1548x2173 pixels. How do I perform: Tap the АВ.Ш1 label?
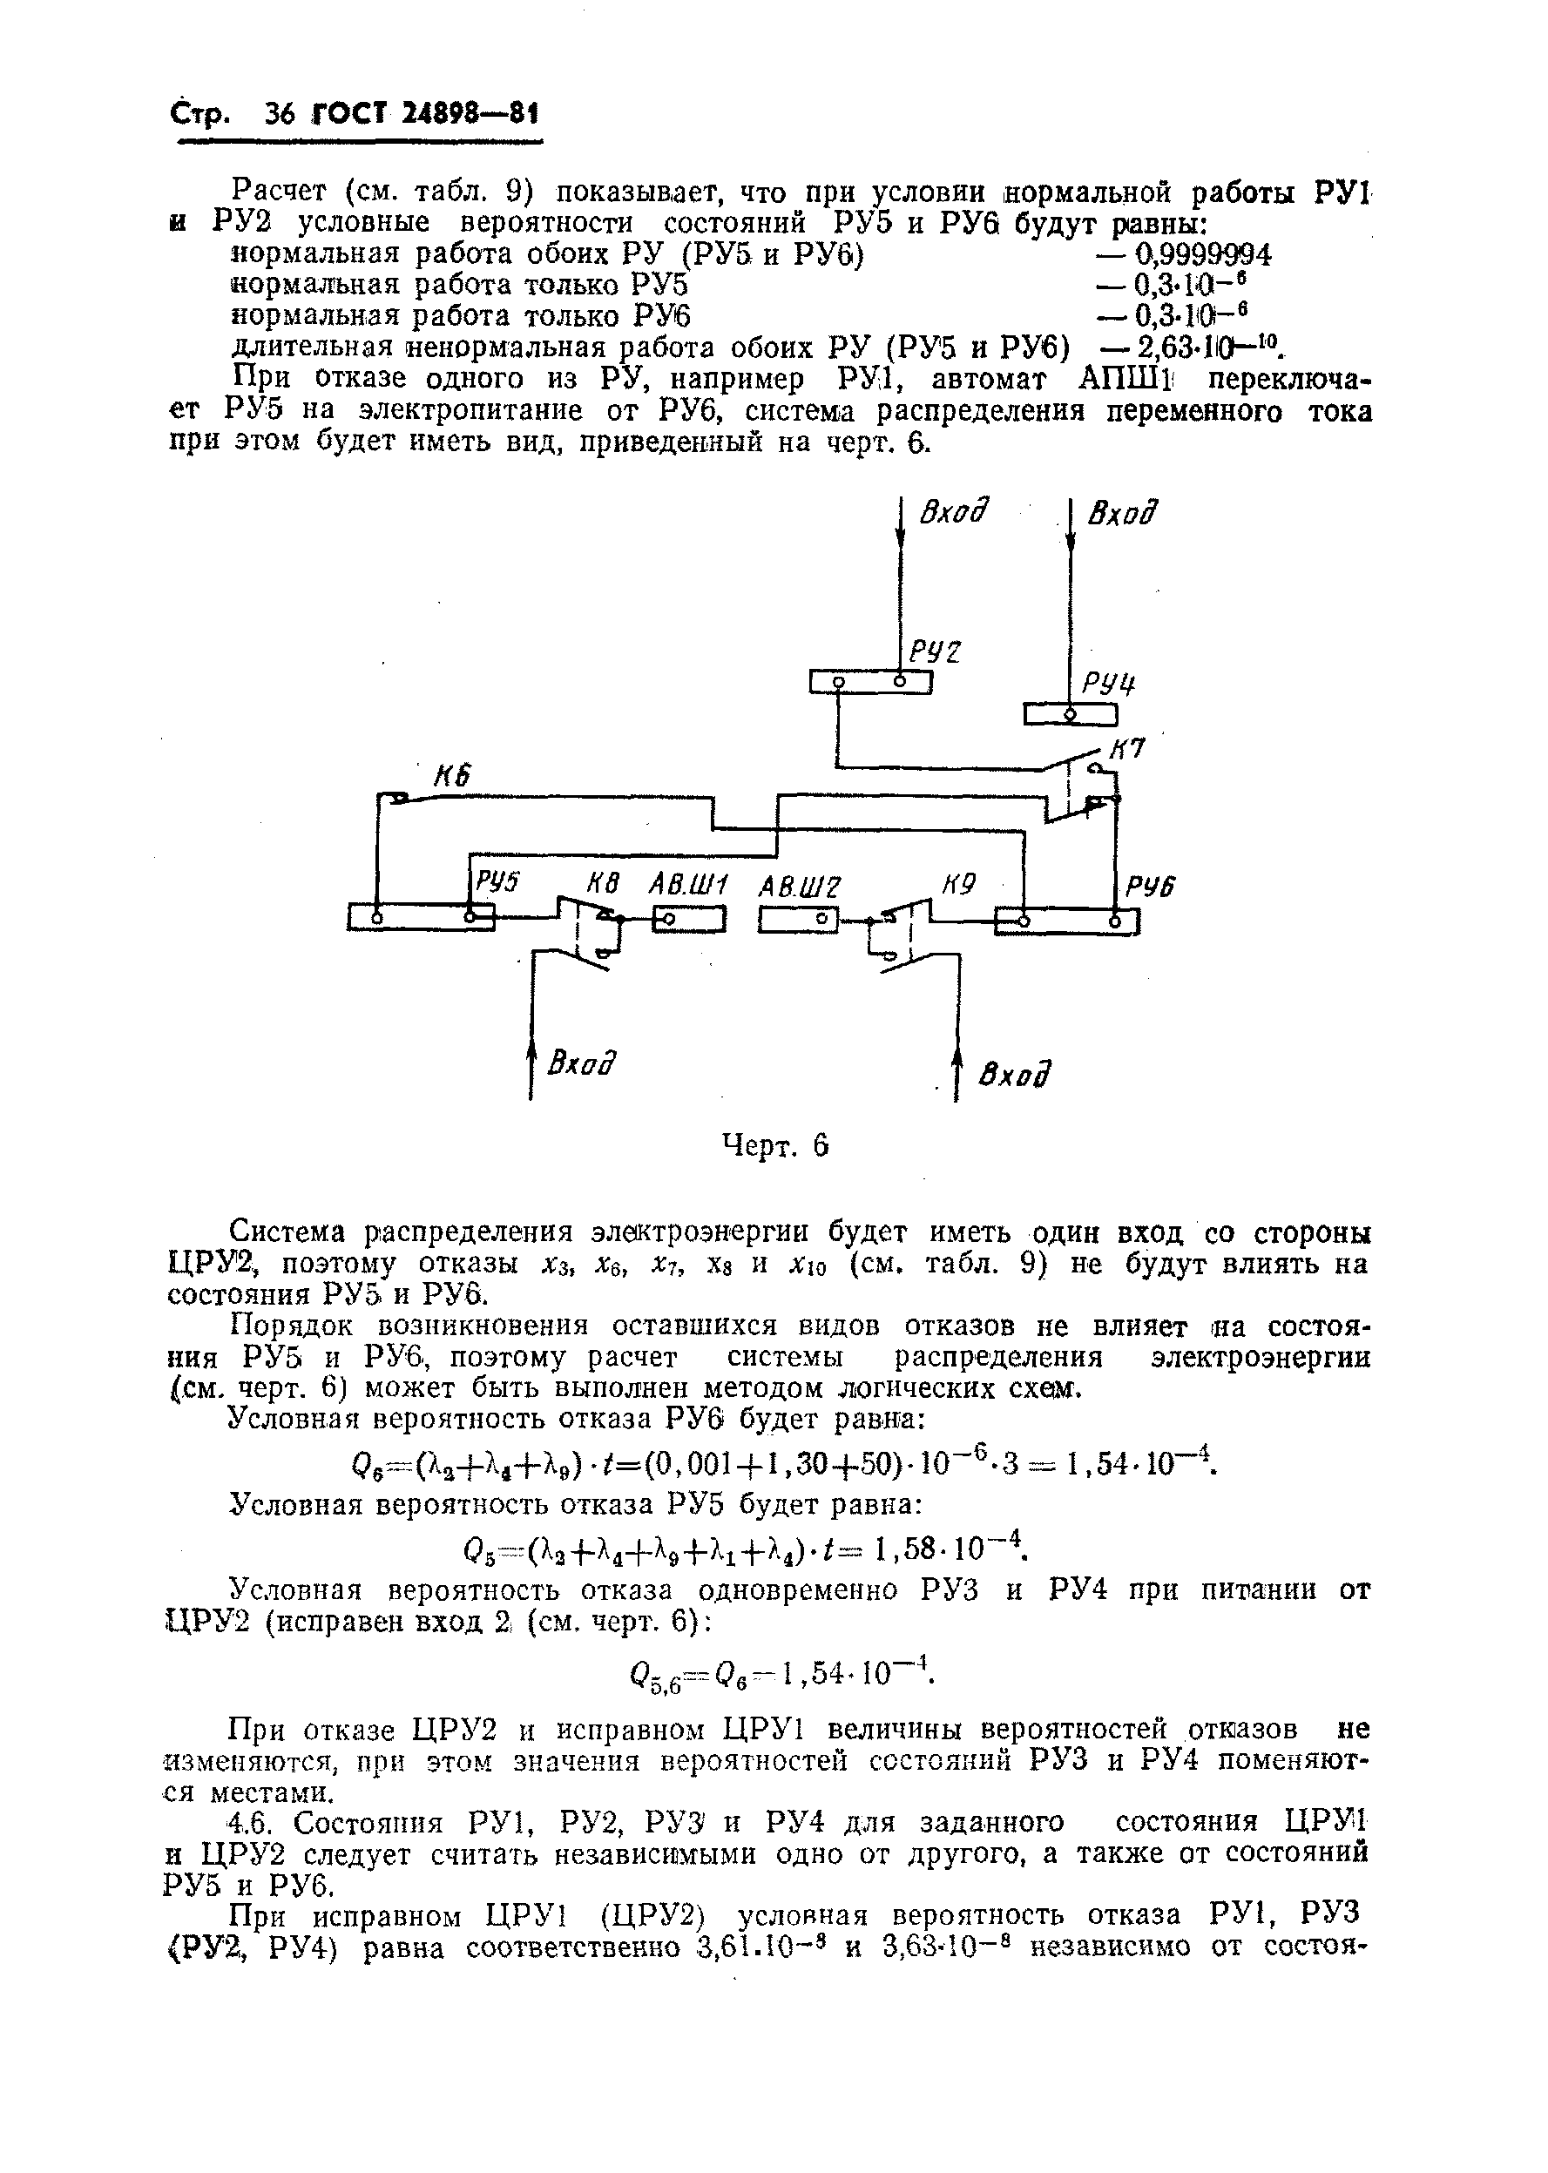(688, 886)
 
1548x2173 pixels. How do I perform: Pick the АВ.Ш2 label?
(801, 887)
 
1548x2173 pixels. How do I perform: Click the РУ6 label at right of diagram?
(1151, 887)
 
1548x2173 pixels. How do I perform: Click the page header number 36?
(282, 115)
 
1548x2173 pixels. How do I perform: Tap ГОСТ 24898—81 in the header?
(425, 115)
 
